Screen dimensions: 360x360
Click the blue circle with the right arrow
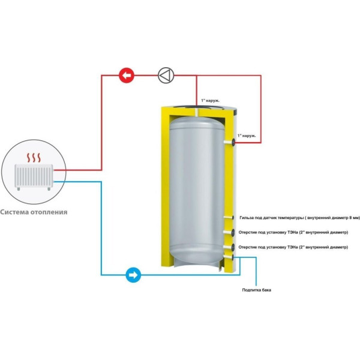133,275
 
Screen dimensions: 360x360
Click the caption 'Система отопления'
34,212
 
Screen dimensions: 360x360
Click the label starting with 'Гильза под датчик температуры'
295,218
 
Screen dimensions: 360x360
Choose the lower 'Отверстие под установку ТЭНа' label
292,247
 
